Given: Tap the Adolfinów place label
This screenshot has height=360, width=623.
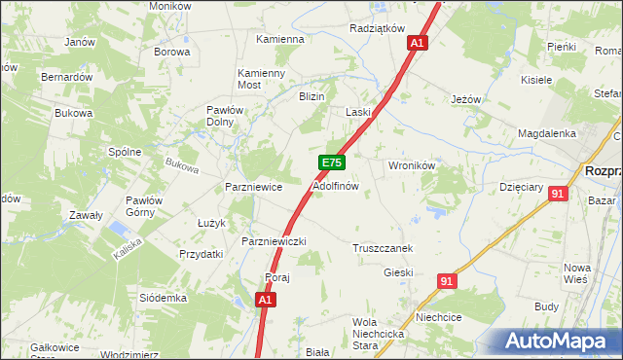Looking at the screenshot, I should (x=336, y=185).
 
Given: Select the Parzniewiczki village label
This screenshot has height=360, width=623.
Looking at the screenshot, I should (x=275, y=240).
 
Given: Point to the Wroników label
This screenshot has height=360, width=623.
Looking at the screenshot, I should (x=411, y=165).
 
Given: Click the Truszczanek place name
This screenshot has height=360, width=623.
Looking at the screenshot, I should (x=384, y=248).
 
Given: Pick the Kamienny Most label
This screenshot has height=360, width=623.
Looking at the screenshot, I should (x=263, y=79).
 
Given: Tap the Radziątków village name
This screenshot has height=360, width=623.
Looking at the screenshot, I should (x=377, y=29).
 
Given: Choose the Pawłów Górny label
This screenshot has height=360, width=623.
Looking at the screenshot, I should (x=142, y=206).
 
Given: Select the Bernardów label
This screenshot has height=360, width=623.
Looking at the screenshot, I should (x=66, y=77).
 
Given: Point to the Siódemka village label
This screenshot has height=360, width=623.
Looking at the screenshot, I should (x=163, y=297).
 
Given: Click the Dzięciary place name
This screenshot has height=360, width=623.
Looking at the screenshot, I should (x=520, y=185).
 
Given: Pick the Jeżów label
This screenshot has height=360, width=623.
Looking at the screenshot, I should (x=467, y=99).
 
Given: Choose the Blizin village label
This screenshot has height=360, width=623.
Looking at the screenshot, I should (x=311, y=96).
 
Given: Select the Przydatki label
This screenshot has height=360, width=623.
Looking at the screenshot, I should (x=202, y=253).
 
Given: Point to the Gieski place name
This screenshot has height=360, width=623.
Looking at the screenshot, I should (x=398, y=273).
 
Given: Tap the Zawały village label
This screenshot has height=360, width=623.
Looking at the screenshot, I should (x=86, y=215).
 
